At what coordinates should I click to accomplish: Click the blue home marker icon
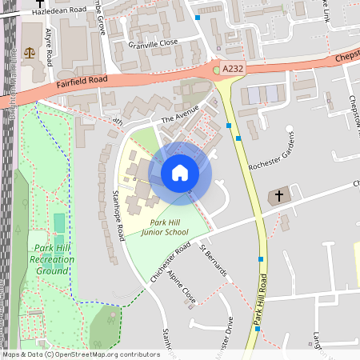[180, 173]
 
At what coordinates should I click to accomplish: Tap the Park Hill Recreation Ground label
[51, 259]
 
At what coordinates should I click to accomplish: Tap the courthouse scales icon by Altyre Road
[30, 53]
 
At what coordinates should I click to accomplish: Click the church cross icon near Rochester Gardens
[280, 195]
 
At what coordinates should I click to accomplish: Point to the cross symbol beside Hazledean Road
[39, 5]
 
